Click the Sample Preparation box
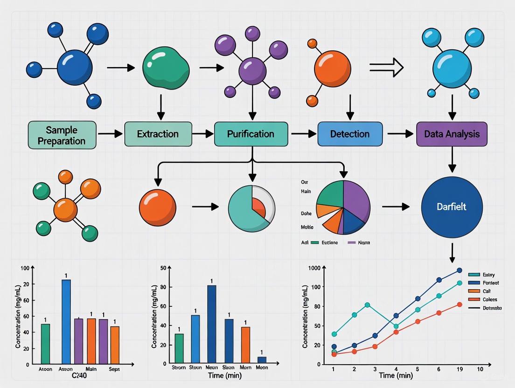point(62,135)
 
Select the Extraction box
point(158,134)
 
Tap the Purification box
point(251,134)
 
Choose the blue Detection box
point(350,134)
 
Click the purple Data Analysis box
point(452,134)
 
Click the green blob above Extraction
point(165,68)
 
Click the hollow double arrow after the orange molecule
point(386,68)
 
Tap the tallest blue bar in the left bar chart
point(66,322)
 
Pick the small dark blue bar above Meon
point(262,360)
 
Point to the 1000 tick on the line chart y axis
point(315,268)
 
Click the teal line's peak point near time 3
point(368,305)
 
